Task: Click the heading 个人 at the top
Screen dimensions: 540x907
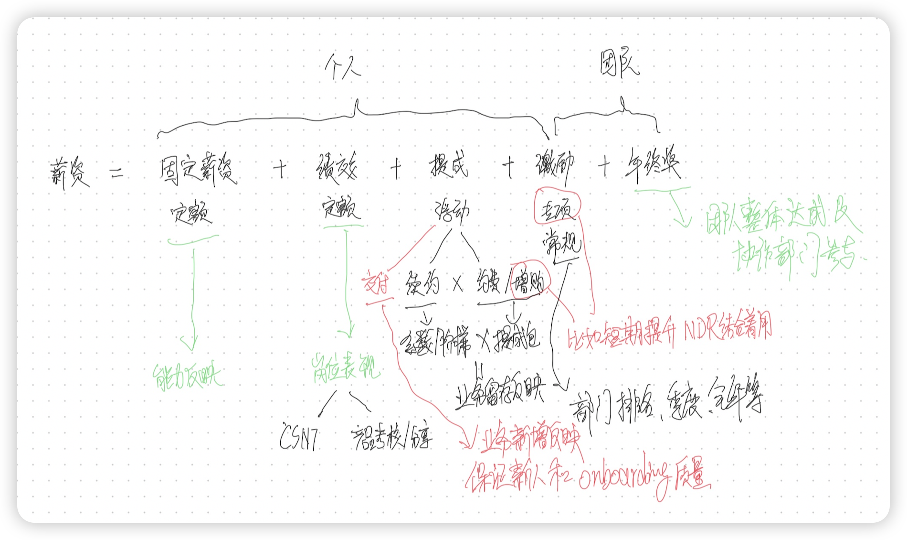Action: point(343,67)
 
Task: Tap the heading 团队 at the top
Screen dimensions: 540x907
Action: point(619,65)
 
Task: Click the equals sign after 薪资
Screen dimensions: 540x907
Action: point(116,173)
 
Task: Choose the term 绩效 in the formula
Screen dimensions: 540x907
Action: point(336,168)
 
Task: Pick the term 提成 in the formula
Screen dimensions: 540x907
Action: point(448,165)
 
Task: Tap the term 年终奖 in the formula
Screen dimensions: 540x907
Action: point(652,165)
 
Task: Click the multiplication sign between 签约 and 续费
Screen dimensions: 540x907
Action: point(457,285)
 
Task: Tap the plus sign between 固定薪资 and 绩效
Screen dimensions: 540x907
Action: point(280,169)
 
